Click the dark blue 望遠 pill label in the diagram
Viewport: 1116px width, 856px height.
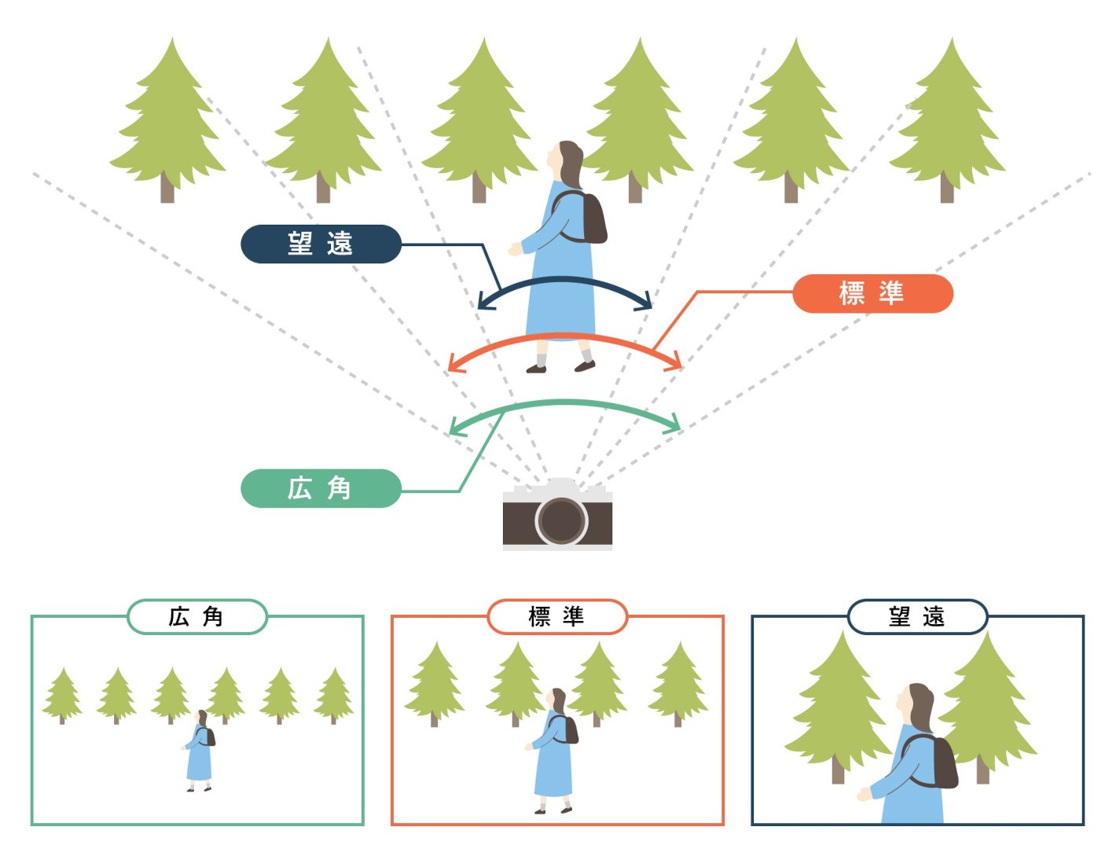321,244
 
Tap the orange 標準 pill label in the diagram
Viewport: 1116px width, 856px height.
872,293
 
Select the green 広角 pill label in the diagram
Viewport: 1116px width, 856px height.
321,488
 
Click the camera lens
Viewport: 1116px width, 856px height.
561,520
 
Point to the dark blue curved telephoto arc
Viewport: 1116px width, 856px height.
564,280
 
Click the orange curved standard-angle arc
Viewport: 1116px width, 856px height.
564,336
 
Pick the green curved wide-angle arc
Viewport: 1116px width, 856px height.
564,402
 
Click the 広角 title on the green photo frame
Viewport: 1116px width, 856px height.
196,617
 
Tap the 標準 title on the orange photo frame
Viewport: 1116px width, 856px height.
557,617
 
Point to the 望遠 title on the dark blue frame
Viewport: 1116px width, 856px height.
917,617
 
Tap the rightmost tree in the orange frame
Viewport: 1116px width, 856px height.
677,682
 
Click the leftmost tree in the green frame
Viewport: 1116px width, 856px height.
62,694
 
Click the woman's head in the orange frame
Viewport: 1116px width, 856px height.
558,700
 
